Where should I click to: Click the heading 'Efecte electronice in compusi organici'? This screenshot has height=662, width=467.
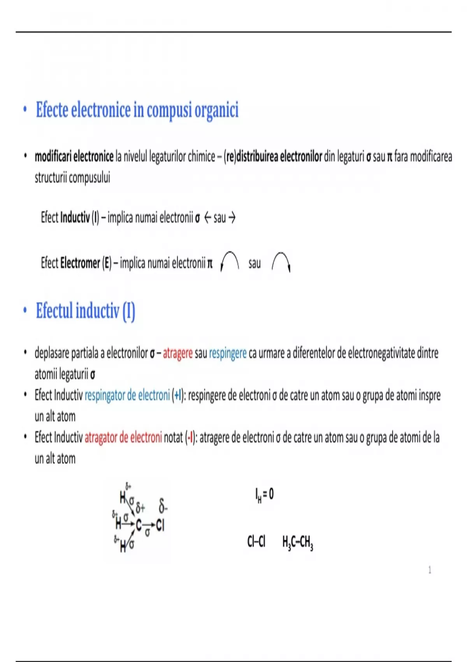[137, 110]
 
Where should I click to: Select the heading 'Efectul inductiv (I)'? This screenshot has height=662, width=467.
[85, 311]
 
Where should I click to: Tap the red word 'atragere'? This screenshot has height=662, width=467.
[177, 353]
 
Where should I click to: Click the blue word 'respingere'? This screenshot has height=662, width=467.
[228, 353]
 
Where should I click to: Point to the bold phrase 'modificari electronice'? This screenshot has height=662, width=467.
[74, 157]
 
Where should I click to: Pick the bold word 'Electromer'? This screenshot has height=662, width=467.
[80, 264]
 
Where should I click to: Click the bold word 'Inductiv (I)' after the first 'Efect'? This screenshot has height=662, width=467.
[80, 218]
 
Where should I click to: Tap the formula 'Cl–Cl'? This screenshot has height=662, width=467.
[256, 541]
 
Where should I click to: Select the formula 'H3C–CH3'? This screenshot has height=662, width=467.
[298, 542]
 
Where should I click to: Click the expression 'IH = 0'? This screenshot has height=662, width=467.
[264, 495]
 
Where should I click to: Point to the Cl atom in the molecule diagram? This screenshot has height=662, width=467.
[160, 526]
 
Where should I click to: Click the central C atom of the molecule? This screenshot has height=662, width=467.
[139, 525]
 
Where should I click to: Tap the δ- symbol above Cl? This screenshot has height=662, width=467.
[163, 507]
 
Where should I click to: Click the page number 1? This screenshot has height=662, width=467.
[430, 570]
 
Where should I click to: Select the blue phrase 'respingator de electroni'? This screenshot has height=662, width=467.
[127, 396]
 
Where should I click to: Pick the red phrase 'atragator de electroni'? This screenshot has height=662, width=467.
[123, 438]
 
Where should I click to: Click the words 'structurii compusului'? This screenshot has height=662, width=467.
[72, 178]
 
